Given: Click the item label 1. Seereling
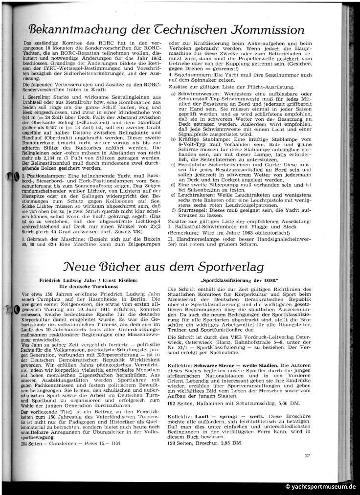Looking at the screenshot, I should coord(37,98).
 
